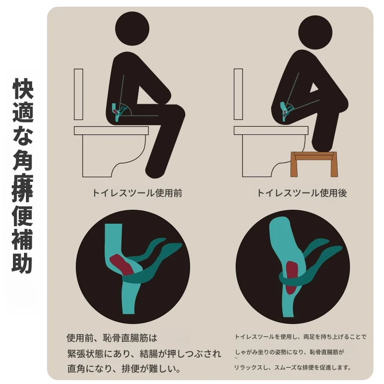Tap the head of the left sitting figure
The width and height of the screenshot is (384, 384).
(132, 28)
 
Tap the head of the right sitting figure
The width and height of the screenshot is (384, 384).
(315, 32)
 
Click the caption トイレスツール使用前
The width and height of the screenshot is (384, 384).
(137, 193)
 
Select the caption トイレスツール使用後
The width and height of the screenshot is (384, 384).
(302, 193)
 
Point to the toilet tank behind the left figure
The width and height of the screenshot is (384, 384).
(78, 94)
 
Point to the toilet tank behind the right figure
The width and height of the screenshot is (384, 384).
(238, 94)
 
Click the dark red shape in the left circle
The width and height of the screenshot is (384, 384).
(121, 264)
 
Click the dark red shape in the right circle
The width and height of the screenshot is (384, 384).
(291, 277)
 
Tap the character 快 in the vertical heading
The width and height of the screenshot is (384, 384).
(23, 88)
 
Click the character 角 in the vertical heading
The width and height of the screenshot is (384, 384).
(23, 160)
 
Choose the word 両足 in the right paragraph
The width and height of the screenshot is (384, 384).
(309, 337)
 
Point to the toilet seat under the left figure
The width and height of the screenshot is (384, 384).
(111, 131)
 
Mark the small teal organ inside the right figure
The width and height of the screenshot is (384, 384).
(284, 111)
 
